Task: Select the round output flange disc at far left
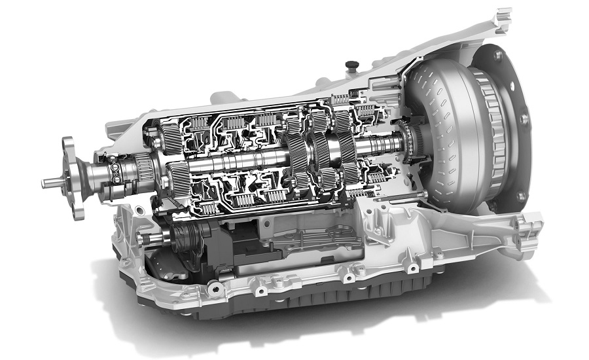coord(74,175)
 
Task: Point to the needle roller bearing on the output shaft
coord(145,170)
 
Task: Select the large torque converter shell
coord(452,131)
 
